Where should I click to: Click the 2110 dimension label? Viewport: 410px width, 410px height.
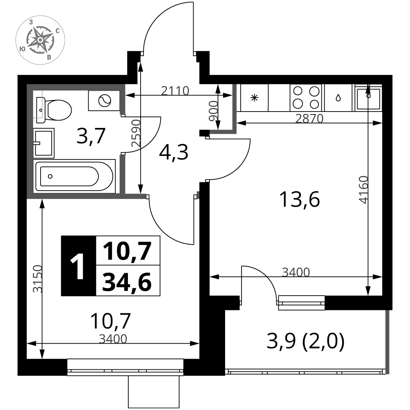click(175, 91)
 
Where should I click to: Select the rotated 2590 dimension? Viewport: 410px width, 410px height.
click(136, 133)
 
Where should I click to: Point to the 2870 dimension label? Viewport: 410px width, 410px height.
click(309, 119)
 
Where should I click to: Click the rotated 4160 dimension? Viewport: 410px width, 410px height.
click(364, 189)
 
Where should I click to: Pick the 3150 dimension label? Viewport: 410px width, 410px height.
click(38, 279)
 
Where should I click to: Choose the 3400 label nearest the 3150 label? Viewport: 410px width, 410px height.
click(113, 339)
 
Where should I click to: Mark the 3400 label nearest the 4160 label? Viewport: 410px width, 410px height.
click(296, 272)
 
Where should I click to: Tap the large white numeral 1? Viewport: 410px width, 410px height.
click(78, 267)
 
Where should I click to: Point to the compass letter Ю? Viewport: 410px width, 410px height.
click(23, 49)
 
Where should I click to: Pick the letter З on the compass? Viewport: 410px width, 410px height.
click(31, 23)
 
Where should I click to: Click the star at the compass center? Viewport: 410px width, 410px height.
click(40, 39)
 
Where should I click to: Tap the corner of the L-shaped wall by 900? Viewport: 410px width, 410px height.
click(234, 131)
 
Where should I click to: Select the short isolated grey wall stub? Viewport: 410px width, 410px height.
click(198, 195)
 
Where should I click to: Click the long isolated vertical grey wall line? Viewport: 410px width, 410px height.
click(387, 342)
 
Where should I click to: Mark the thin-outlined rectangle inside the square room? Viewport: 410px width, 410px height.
click(38, 104)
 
